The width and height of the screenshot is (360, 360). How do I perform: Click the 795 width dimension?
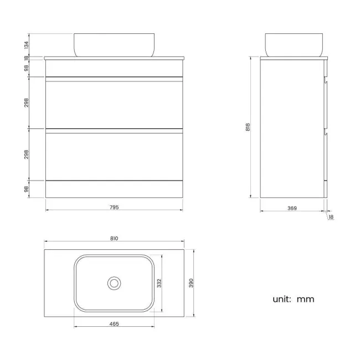(x=115, y=207)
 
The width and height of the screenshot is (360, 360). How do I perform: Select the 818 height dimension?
(x=249, y=127)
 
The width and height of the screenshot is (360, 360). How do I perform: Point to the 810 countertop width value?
(x=114, y=238)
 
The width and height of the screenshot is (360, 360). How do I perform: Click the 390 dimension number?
(x=191, y=282)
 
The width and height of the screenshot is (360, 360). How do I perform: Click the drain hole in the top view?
(x=114, y=283)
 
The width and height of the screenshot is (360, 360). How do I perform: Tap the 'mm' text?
(x=305, y=299)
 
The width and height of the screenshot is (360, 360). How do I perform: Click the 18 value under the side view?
(x=331, y=217)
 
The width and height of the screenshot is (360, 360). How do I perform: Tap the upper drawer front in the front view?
(x=114, y=103)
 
